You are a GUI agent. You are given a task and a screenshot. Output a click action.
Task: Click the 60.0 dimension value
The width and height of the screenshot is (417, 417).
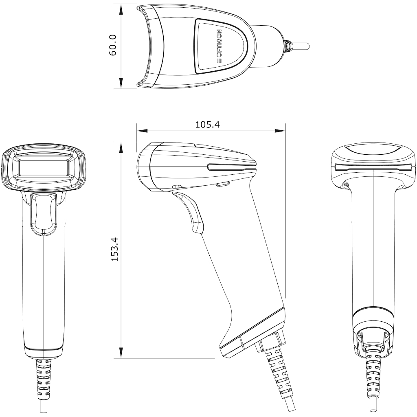point(113,45)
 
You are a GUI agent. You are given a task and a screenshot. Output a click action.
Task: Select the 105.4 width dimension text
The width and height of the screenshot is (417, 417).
point(208,125)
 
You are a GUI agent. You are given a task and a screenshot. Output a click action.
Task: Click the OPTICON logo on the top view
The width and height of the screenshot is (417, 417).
point(219,46)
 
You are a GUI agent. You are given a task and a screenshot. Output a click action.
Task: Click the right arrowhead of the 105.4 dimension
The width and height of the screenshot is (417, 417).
point(280,131)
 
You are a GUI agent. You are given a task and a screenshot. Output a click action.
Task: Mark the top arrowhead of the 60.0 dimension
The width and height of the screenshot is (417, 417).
point(121,9)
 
